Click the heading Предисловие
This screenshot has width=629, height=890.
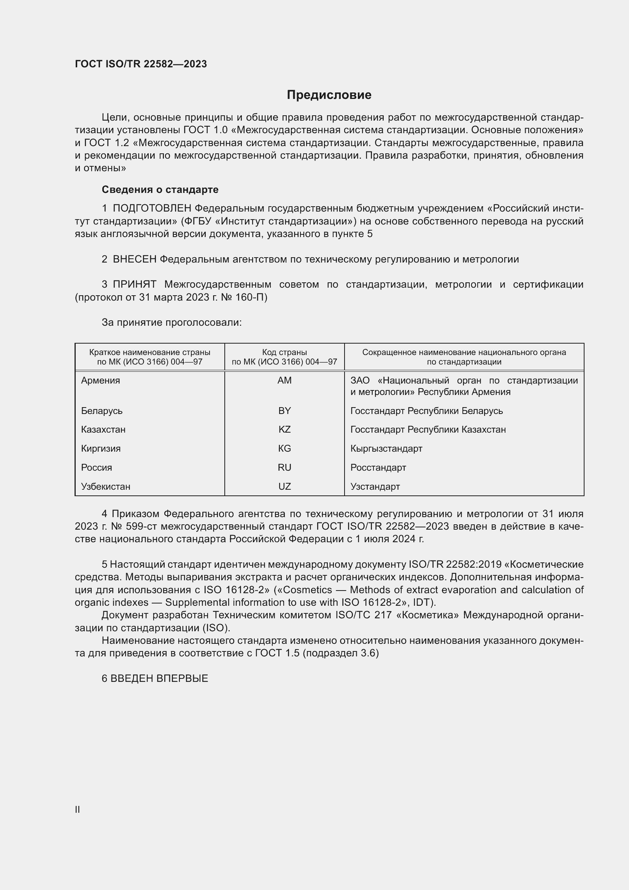point(329,95)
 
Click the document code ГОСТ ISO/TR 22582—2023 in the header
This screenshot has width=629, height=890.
point(141,64)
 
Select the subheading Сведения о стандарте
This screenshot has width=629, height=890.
point(160,189)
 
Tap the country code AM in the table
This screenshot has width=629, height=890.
point(284,380)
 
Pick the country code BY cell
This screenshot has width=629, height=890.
point(284,411)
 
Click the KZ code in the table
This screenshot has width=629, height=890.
point(284,430)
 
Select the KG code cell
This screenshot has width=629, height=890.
point(284,449)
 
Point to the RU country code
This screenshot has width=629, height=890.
point(284,468)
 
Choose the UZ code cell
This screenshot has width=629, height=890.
point(284,487)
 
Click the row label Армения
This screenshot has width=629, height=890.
point(101,380)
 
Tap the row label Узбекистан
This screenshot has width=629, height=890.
point(106,487)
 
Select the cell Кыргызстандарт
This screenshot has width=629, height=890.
point(386,449)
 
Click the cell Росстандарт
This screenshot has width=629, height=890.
point(378,468)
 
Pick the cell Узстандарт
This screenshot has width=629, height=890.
point(375,487)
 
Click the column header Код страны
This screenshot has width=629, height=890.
point(284,352)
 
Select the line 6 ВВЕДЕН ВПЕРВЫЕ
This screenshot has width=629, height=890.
point(155,678)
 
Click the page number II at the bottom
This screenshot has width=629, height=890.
point(78,809)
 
